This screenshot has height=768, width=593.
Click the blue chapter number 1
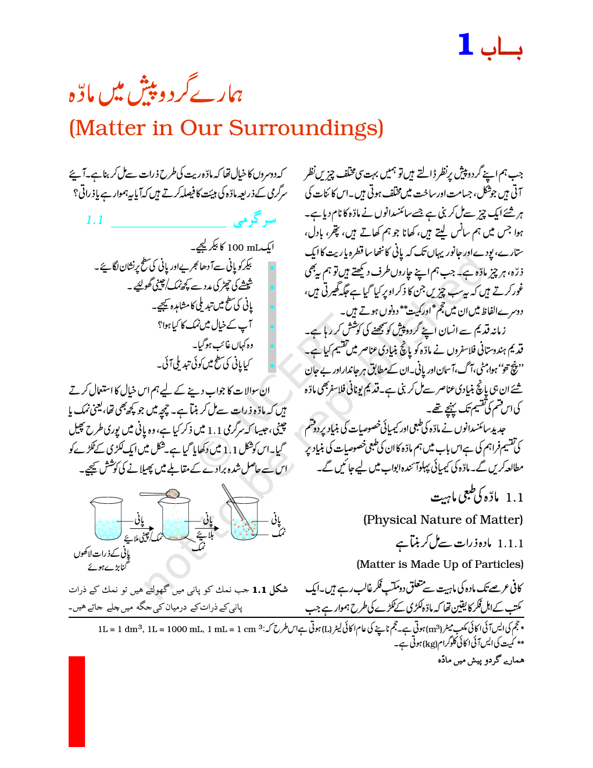coord(466,45)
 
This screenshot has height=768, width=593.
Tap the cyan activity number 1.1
coord(95,220)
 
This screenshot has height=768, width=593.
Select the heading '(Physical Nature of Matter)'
coord(442,520)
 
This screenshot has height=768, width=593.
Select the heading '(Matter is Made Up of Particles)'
coord(440,564)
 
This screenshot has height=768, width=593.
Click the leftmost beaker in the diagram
coord(107,519)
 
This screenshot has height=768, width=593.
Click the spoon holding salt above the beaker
coord(163,494)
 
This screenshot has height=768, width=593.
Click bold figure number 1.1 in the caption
coord(259,590)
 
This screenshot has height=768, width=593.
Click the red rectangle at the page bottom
coord(77,701)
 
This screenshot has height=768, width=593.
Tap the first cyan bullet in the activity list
coord(272,268)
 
